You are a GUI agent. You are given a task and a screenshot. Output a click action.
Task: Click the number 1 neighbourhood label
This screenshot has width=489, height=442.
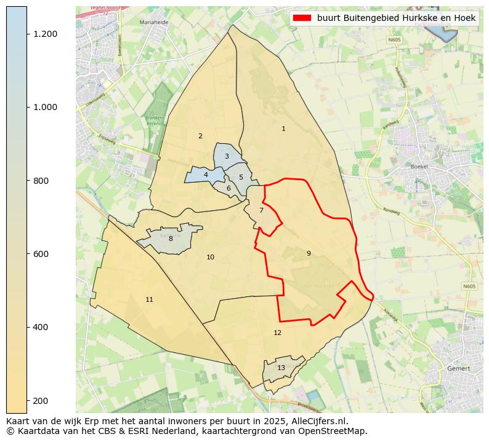[x=283, y=129]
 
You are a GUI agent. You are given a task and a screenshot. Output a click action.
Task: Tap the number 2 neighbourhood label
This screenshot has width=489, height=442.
[x=200, y=136]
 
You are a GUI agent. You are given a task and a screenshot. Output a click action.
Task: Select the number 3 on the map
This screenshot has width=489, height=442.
[x=227, y=156]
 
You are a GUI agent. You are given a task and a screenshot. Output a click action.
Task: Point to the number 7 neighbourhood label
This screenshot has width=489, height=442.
[x=261, y=210]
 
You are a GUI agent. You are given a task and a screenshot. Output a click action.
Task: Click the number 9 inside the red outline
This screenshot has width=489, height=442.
[x=309, y=253]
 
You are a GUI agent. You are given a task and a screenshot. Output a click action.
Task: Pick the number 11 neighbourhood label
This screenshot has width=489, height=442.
[x=149, y=299]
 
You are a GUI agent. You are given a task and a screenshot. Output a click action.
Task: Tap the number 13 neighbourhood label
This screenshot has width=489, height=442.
[x=281, y=368]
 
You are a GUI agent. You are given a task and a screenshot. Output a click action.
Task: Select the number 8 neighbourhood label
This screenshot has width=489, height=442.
[x=171, y=239]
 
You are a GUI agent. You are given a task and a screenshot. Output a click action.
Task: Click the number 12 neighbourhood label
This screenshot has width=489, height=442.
[x=277, y=333]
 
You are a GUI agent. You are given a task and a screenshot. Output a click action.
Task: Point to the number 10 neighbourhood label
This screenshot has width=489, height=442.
[x=210, y=257]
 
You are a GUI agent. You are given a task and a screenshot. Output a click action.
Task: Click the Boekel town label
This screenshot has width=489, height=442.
[x=419, y=167]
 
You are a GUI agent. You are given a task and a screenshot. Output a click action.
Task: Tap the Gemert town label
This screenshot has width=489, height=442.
[x=459, y=368]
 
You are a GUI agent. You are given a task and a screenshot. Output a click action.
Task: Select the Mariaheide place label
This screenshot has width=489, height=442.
[x=154, y=22]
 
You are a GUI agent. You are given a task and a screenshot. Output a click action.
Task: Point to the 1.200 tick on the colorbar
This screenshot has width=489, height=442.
[x=45, y=34]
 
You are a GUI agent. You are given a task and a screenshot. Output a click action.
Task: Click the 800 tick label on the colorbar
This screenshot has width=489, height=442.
[x=42, y=181]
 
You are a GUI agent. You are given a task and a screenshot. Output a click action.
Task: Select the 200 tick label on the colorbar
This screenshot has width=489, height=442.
[x=42, y=401]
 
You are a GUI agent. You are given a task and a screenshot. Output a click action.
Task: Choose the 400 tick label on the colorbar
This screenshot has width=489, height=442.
[x=42, y=327]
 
